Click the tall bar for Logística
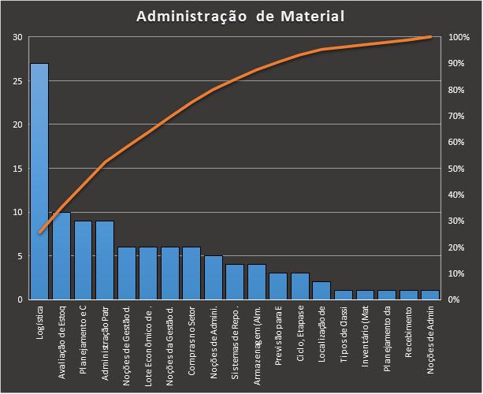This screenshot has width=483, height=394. pyautogui.click(x=39, y=181)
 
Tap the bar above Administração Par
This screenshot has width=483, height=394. pyautogui.click(x=105, y=260)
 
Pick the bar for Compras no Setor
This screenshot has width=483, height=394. pyautogui.click(x=191, y=273)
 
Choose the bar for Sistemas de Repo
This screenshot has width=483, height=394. pyautogui.click(x=235, y=281)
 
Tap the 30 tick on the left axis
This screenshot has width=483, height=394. pyautogui.click(x=17, y=37)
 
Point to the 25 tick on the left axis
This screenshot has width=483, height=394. pyautogui.click(x=17, y=81)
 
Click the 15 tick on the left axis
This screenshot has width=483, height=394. pyautogui.click(x=17, y=169)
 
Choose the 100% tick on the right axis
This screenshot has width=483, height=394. pyautogui.click(x=459, y=37)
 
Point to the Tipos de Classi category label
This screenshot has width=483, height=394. pyautogui.click(x=343, y=340)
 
